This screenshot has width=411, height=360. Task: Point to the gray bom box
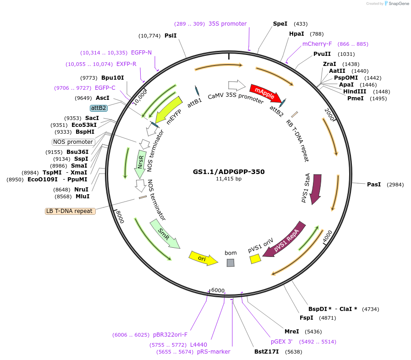pyautogui.click(x=230, y=262)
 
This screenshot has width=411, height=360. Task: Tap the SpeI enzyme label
pyautogui.click(x=280, y=24)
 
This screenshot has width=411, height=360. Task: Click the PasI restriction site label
pyautogui.click(x=374, y=185)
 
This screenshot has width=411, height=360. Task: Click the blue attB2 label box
pyautogui.click(x=99, y=108)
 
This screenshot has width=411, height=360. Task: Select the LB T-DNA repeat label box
pyautogui.click(x=70, y=211)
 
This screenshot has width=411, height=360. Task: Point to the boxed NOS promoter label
pyautogui.click(x=73, y=142)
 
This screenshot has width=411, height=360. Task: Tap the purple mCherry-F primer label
pyautogui.click(x=317, y=44)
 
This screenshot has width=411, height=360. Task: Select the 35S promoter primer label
pyautogui.click(x=228, y=24)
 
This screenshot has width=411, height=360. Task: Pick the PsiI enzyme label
pyautogui.click(x=170, y=35)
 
